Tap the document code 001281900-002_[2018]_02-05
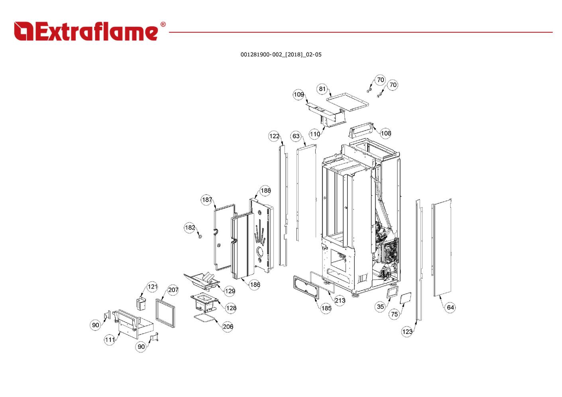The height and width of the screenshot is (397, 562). tap(281, 55)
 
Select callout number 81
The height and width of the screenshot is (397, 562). tap(322, 89)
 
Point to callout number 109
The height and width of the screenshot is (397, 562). tap(299, 94)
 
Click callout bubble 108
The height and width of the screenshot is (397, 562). tap(385, 133)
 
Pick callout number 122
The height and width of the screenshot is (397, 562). tap(274, 136)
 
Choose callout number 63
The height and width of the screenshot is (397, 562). tap(296, 136)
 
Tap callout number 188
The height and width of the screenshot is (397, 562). tap(265, 191)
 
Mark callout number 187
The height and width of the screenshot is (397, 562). tap(207, 200)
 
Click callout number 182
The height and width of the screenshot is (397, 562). tap(190, 228)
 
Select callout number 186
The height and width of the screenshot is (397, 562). tap(255, 285)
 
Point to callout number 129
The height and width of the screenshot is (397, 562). tap(230, 291)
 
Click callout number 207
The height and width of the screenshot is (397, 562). tap(173, 290)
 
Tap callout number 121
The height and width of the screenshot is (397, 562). tap(152, 287)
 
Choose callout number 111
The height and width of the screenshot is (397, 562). tap(110, 340)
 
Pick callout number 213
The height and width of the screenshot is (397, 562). tap(340, 300)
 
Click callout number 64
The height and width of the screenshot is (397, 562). tap(450, 307)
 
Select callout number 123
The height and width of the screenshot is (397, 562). tap(407, 332)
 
